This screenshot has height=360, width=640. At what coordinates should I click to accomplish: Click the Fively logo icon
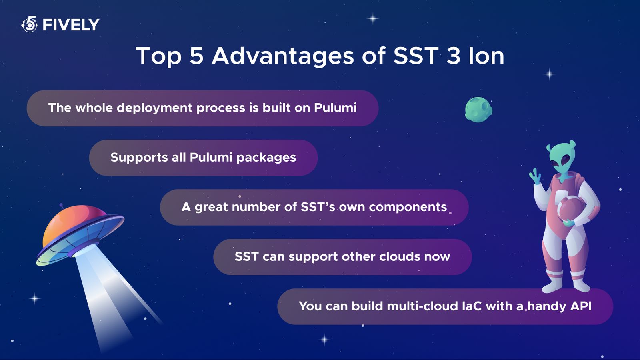(x=30, y=24)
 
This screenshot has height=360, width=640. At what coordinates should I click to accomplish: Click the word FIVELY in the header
(x=71, y=25)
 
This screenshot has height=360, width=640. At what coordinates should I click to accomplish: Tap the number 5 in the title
(x=196, y=56)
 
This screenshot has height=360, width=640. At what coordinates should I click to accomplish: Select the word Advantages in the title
(x=283, y=56)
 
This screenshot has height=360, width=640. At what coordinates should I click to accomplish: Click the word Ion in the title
(x=486, y=56)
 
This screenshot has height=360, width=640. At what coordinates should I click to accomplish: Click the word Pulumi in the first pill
(x=335, y=108)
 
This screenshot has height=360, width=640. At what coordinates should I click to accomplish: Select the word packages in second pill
(x=266, y=158)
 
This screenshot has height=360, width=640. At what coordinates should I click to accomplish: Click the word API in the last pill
(x=581, y=306)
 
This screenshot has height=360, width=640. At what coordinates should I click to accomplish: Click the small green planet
(x=478, y=109)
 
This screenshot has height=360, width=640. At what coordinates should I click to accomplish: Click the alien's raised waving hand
(x=535, y=176)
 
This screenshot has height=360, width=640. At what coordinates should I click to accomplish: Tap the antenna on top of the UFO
(x=62, y=206)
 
